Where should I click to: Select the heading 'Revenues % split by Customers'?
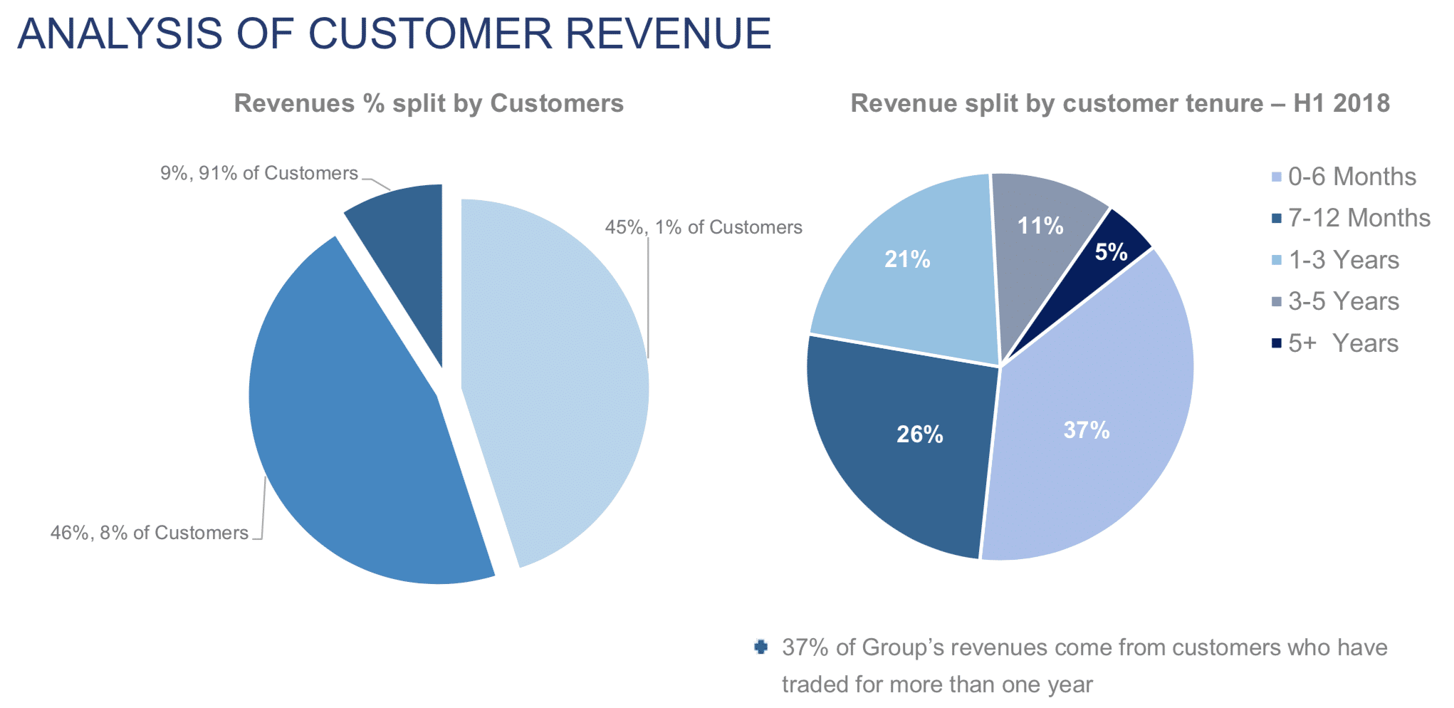[x=429, y=103]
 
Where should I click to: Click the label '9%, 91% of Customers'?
[x=258, y=173]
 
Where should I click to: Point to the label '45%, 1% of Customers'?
[x=704, y=227]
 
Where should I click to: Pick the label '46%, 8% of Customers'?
[x=150, y=533]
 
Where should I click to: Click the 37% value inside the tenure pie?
[x=1087, y=430]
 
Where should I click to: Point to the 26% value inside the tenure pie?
[x=919, y=434]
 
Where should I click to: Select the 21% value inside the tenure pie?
[x=907, y=259]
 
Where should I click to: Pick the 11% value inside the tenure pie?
[x=1040, y=226]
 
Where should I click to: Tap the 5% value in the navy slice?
[x=1111, y=251]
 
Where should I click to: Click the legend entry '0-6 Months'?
[x=1351, y=177]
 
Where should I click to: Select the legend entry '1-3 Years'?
[x=1343, y=260]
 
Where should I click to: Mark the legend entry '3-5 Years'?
[x=1343, y=301]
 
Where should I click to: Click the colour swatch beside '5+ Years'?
[x=1277, y=343]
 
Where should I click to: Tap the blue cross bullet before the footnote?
[x=760, y=647]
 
